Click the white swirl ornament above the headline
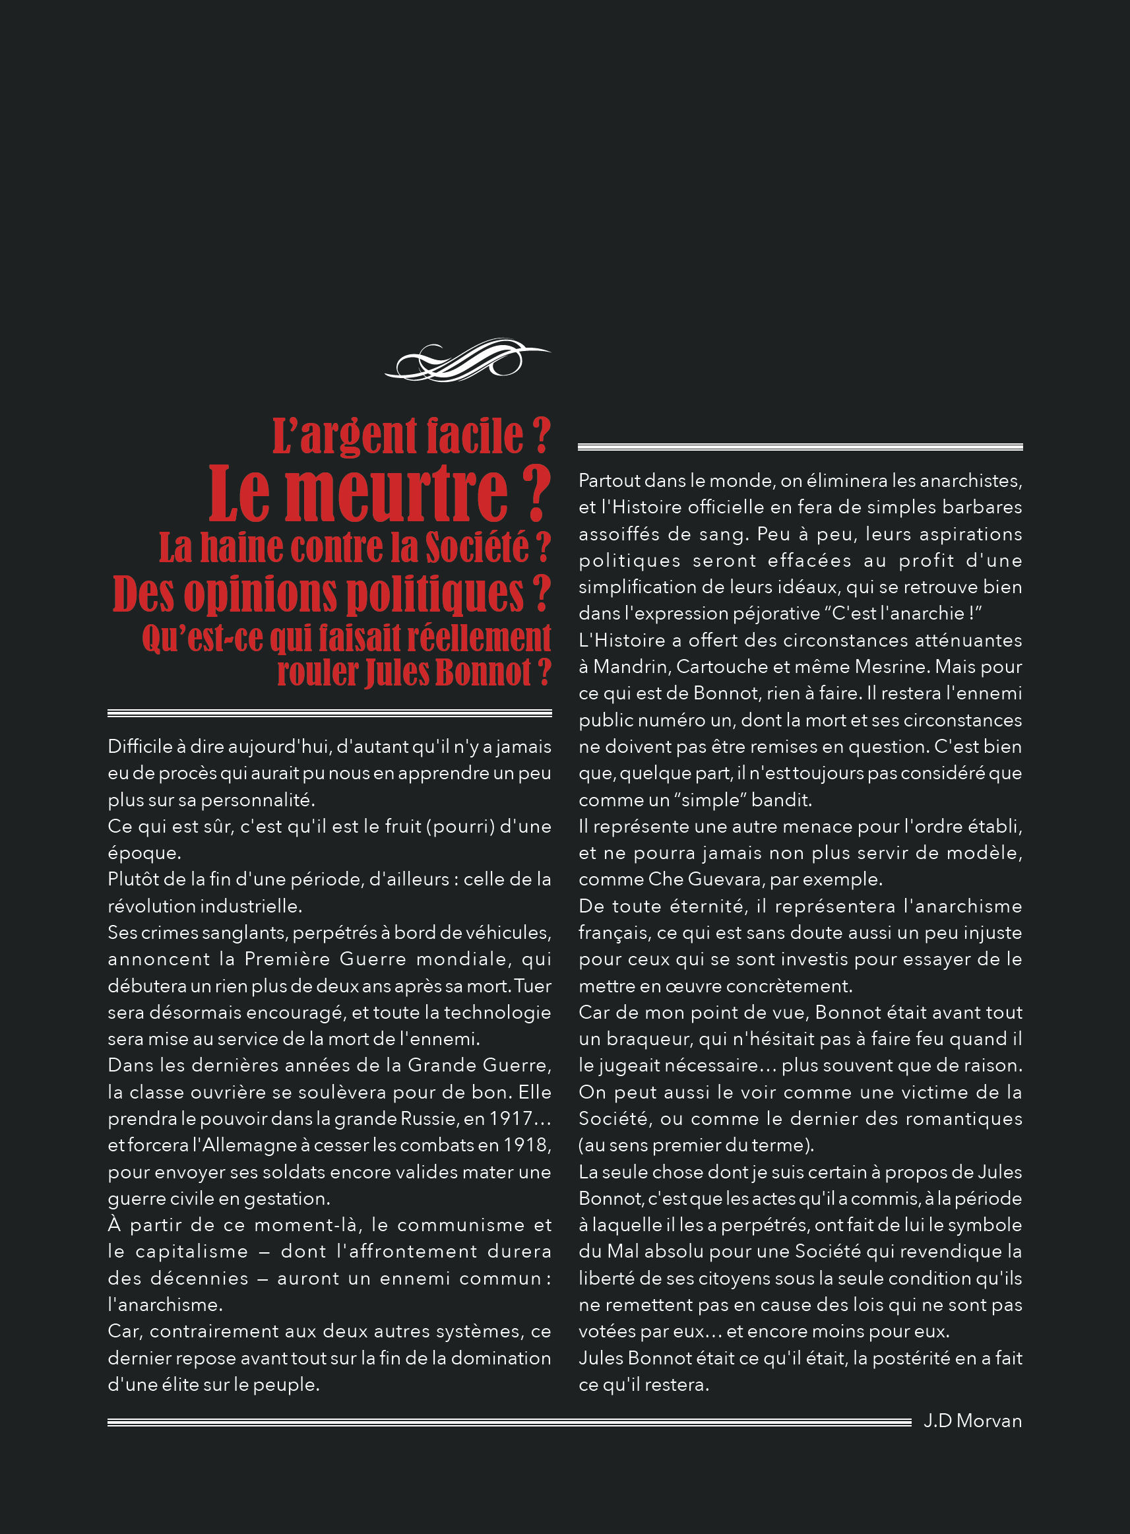tap(467, 359)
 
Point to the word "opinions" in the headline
tap(261, 593)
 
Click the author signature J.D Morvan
tap(972, 1421)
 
